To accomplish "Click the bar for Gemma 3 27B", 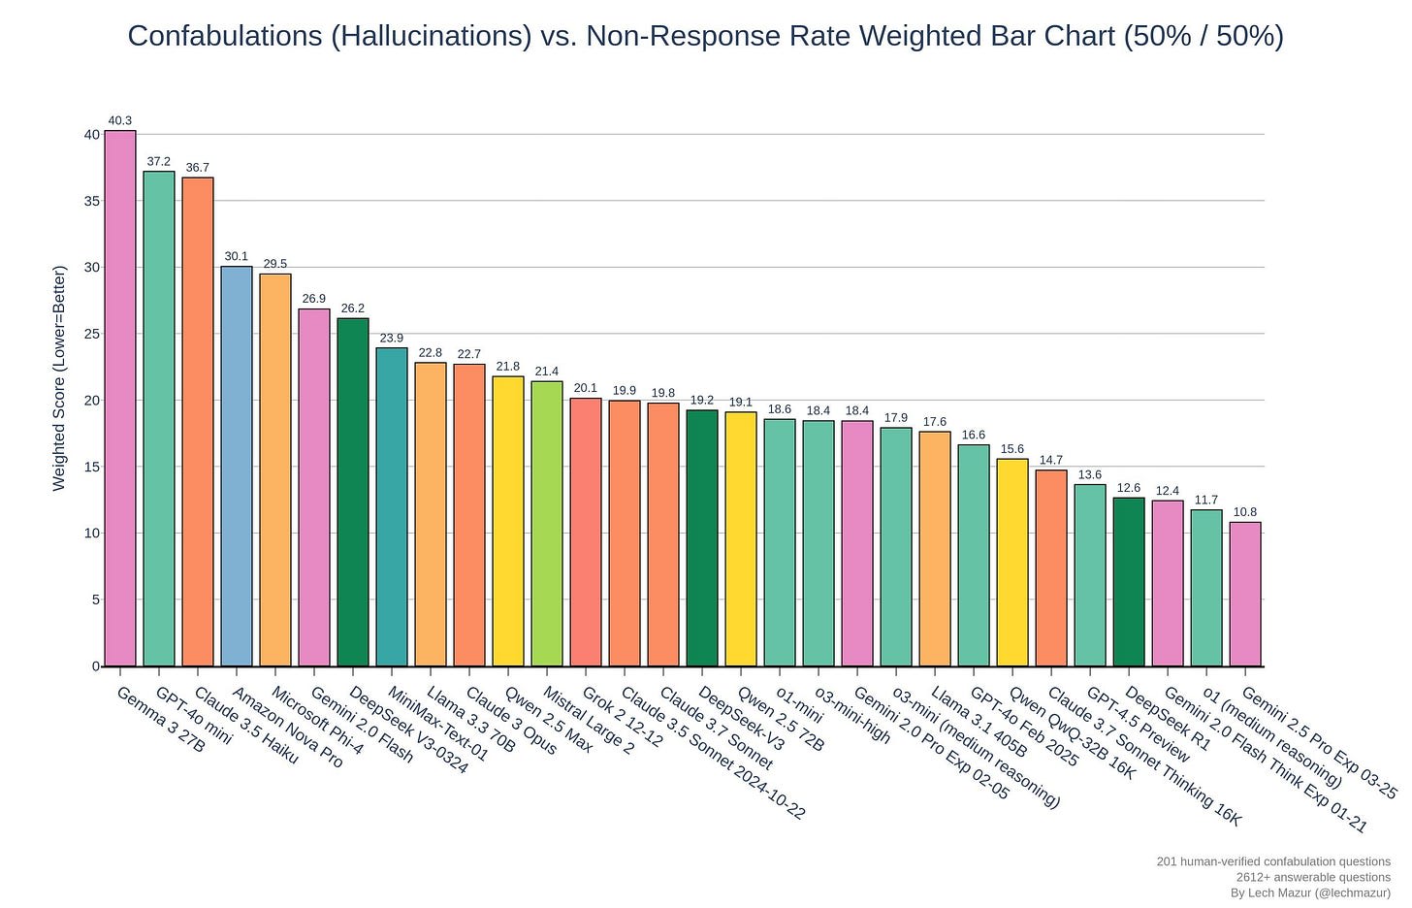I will point(120,398).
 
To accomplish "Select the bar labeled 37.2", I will point(159,418).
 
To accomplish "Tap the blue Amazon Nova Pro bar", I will point(237,466).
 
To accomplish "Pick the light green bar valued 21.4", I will point(547,524).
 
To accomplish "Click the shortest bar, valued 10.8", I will point(1245,594).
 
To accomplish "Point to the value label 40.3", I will point(120,121).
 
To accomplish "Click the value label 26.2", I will point(353,308).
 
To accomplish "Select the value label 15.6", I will point(1012,449).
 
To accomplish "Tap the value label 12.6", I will point(1129,488).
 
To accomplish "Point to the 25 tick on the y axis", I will point(92,334).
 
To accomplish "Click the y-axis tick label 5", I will point(96,600).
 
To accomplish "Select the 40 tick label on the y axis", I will point(92,135).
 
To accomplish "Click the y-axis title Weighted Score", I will point(59,378).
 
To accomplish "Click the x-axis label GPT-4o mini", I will point(194,716).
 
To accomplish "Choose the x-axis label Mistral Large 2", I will point(588,721).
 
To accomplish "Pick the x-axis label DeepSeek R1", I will point(1168,719).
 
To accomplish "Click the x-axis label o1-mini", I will point(799,705).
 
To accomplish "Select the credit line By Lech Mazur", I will point(1310,892).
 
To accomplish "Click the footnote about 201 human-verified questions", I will point(1273,861).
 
